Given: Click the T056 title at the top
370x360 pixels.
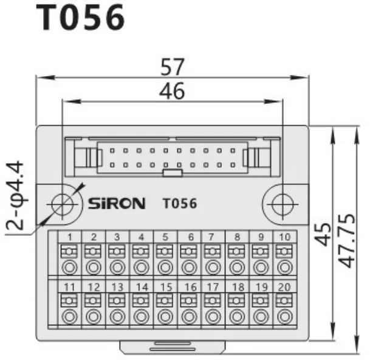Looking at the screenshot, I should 81,18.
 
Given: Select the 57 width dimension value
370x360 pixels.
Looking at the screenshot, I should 172,67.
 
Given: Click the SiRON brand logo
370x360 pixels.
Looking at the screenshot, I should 116,203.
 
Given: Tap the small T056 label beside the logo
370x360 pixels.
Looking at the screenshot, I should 180,203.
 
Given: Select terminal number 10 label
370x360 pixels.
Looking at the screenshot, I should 284,237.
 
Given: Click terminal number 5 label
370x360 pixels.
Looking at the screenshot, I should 165,237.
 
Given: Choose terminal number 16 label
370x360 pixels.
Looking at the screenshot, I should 189,286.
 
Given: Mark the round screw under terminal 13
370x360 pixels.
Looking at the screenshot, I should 117,316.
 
